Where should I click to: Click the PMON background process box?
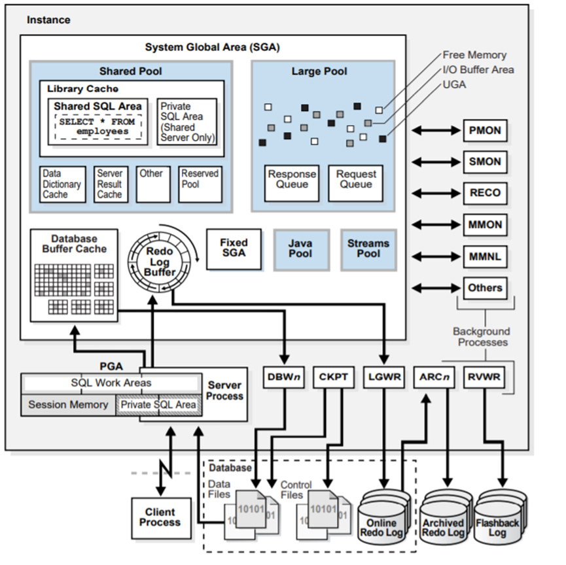click(x=485, y=131)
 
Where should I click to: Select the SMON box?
click(x=485, y=162)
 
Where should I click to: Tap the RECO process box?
click(x=485, y=193)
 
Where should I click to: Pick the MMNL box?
click(x=485, y=256)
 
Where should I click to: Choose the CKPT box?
click(x=334, y=377)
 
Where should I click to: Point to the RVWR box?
click(x=485, y=377)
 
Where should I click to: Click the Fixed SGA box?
click(x=234, y=248)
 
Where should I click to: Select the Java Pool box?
click(x=300, y=248)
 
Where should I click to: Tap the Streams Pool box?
click(x=368, y=248)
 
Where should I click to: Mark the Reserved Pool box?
click(x=200, y=184)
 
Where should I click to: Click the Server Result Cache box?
click(x=109, y=184)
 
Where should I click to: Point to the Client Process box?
click(x=160, y=517)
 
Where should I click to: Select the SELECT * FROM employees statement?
click(x=98, y=126)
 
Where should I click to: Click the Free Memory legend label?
click(x=474, y=56)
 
